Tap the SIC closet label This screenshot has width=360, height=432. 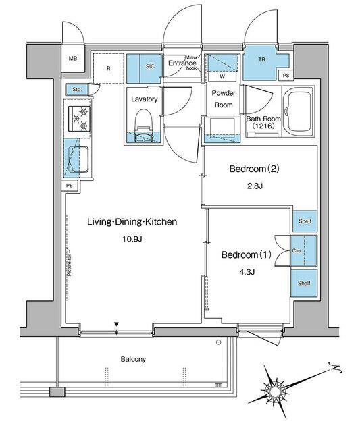(x=151, y=67)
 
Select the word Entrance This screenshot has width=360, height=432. (x=182, y=64)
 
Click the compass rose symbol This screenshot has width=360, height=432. (x=277, y=388)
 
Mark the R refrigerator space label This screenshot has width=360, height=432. (x=109, y=67)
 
